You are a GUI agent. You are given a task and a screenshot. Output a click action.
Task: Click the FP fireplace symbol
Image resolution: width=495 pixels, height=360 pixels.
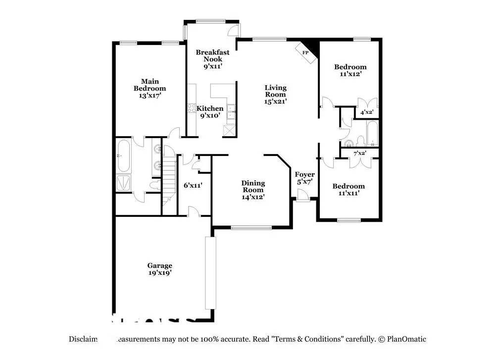tap(306, 52)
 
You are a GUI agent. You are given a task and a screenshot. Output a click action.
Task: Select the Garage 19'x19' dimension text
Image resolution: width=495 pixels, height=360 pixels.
tap(159, 272)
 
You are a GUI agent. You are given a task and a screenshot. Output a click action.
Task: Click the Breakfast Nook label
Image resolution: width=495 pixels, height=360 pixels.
tap(212, 55)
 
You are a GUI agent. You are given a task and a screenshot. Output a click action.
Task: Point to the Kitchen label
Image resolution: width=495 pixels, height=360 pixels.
tap(210, 108)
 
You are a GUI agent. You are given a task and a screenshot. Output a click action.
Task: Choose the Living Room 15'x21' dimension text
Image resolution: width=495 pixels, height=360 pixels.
tap(275, 101)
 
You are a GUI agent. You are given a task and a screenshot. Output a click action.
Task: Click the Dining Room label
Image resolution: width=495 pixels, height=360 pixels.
tap(252, 187)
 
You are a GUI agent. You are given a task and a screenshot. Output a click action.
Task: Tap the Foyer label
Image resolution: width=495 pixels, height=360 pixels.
tap(305, 174)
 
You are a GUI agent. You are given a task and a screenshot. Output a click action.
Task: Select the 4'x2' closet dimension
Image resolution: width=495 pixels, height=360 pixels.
tap(366, 112)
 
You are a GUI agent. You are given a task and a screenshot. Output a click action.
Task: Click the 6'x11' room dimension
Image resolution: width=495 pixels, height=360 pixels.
tap(192, 185)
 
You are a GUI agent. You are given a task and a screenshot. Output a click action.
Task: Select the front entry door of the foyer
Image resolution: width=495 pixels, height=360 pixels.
tap(303, 199)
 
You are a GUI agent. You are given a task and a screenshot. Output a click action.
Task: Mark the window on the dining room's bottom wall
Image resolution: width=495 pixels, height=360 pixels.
tap(251, 228)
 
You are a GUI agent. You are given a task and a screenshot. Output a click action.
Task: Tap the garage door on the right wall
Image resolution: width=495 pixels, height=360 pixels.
tap(210, 273)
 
